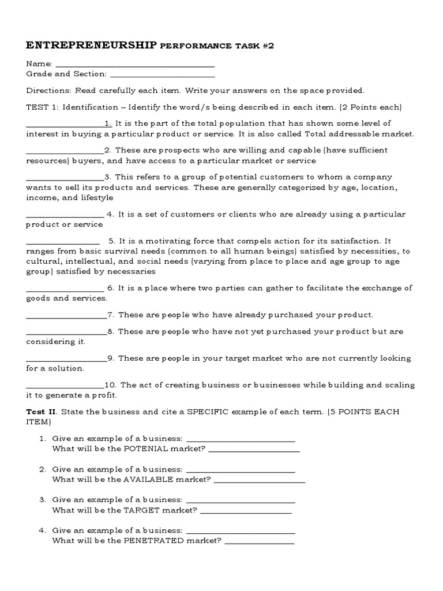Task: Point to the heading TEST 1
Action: tap(42, 107)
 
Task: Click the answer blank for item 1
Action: tap(65, 124)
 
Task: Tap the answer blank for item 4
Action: tap(65, 215)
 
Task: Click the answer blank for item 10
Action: tap(65, 386)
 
